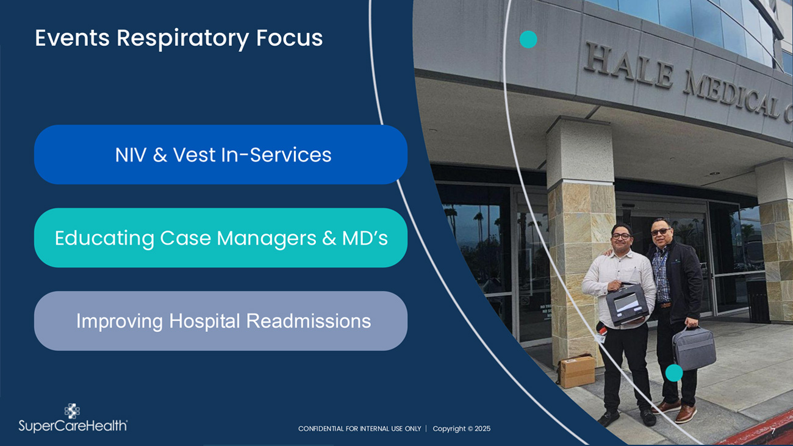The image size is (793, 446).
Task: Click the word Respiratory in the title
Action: (x=182, y=39)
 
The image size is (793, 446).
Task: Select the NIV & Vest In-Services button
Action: (x=221, y=154)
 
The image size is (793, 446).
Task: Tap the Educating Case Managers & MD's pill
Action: (x=221, y=237)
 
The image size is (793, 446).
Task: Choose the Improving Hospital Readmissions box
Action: (x=221, y=321)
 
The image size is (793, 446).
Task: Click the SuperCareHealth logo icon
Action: (x=72, y=411)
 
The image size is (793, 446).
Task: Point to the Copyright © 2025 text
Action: (x=462, y=429)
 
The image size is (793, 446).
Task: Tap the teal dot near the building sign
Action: (x=528, y=39)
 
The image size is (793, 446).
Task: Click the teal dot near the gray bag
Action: (x=673, y=373)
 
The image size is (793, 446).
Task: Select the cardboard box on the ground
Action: (x=576, y=371)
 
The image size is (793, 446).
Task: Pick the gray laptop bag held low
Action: (x=694, y=348)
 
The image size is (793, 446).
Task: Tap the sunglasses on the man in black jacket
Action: (x=660, y=231)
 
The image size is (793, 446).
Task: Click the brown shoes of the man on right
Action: (x=675, y=411)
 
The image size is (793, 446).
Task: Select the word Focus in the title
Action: (x=289, y=38)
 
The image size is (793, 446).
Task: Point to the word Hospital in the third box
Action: (x=204, y=321)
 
